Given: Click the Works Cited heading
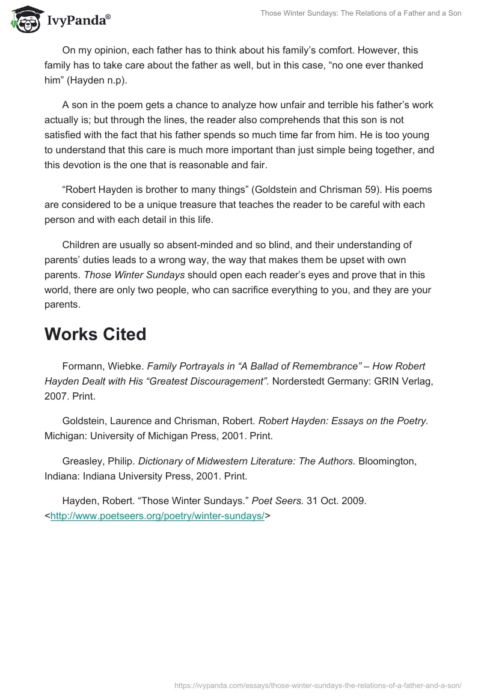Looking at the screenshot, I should (95, 334).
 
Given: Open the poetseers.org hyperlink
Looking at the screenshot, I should (158, 515).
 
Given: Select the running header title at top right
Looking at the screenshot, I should (361, 13).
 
